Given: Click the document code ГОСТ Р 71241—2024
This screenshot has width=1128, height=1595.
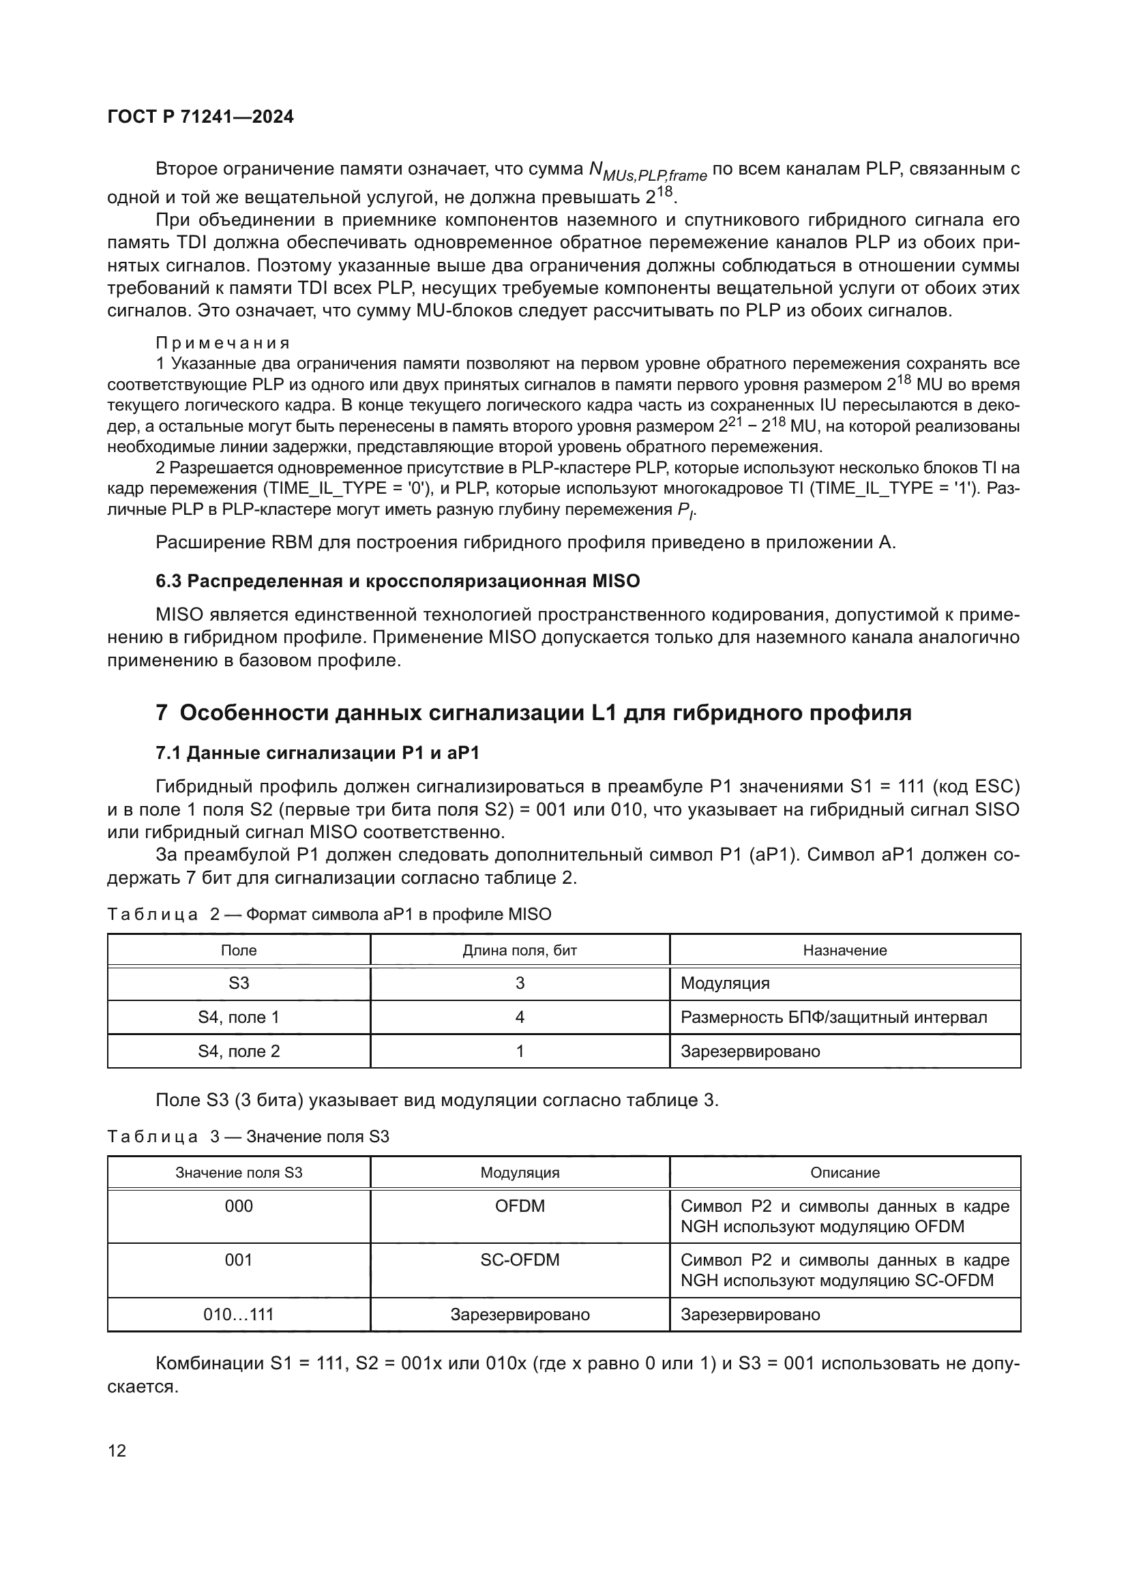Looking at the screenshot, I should coord(201,117).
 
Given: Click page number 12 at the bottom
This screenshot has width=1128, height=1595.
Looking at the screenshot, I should coord(117,1450).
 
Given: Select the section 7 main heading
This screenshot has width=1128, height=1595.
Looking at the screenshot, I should coord(533,713).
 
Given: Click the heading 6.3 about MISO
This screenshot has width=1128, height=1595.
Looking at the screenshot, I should coord(398,581).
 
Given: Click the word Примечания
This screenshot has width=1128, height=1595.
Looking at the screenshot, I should coord(222,343).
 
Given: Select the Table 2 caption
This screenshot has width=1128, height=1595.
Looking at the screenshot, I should coord(329,914).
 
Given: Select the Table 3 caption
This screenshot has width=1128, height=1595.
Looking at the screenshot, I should coord(248,1137).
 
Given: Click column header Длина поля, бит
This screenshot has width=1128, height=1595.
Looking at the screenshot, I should coord(520,951).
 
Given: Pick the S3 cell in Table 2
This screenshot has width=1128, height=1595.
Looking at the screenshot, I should coord(238,983).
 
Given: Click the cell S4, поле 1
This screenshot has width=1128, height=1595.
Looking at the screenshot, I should coord(238,1017).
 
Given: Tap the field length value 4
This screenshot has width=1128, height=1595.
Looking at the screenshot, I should coord(520,1017).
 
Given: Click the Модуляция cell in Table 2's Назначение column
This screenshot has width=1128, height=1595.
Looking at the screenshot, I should coord(725,983).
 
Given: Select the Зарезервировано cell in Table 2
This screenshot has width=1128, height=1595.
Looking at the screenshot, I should coord(750,1051).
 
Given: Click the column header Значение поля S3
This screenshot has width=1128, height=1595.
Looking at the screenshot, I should coord(238,1173).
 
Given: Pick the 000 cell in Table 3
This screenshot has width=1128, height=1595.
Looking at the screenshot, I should coord(238,1206).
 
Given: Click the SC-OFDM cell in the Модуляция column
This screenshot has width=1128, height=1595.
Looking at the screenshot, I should coord(520,1260).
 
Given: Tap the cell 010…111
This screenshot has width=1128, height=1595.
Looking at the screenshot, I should coord(238,1314).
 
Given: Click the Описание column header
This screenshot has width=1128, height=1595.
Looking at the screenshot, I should coord(844,1173).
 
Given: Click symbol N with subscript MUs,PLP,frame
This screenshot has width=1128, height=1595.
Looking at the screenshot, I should coord(647,171).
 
